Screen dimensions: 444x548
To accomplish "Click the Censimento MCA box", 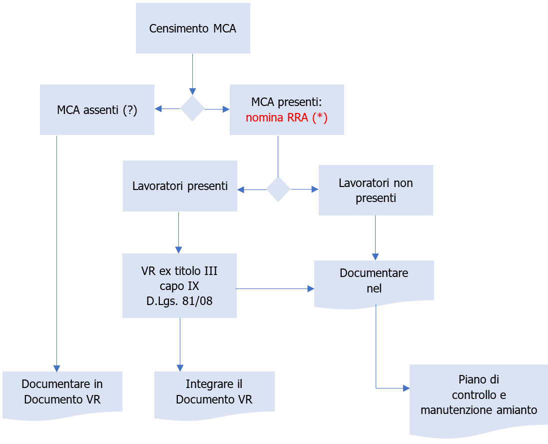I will click(x=193, y=28).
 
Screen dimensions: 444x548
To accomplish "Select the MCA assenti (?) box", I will click(x=97, y=109).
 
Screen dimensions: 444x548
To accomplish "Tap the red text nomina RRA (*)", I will click(x=286, y=118).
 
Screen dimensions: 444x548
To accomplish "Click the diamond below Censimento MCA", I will click(x=192, y=109).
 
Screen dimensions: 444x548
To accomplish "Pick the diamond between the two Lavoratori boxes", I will click(x=278, y=189).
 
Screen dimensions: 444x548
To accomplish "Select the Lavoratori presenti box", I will click(x=180, y=186).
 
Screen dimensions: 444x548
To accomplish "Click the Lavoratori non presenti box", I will click(x=376, y=190).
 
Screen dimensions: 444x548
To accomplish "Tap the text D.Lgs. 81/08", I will click(x=179, y=302).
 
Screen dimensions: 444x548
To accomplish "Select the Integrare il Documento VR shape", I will click(x=214, y=392).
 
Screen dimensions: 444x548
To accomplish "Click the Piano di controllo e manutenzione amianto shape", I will click(x=479, y=397).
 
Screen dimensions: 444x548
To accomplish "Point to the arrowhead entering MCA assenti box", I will click(x=158, y=109).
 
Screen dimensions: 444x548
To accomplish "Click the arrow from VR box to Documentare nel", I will click(x=274, y=288).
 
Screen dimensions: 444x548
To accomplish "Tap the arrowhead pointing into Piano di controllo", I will click(x=406, y=388).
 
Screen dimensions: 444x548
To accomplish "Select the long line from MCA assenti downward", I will click(x=56, y=250).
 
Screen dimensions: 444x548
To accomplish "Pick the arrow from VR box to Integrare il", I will click(x=180, y=345).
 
